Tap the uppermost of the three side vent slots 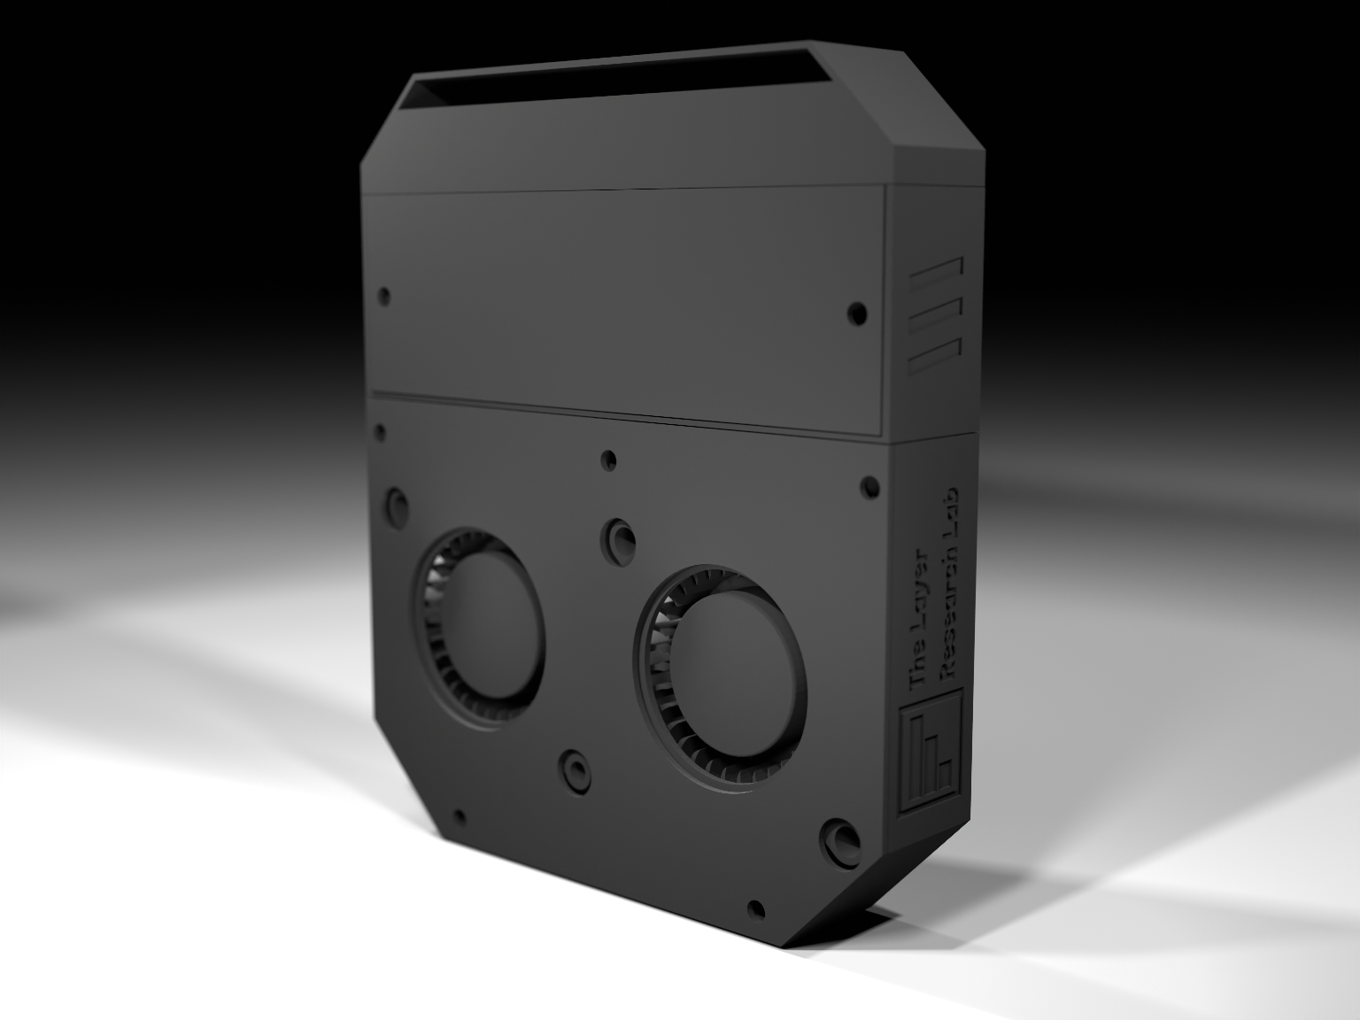point(937,277)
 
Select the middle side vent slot point(937,315)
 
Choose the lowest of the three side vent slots point(935,353)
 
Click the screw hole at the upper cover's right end point(856,313)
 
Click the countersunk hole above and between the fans point(618,537)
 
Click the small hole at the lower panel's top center point(608,460)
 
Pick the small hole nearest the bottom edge point(756,909)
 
